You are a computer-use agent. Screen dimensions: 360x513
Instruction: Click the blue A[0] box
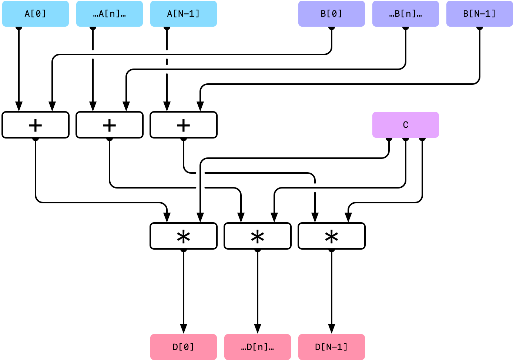tap(36, 14)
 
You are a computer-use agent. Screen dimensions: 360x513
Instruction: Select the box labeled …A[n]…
tap(110, 14)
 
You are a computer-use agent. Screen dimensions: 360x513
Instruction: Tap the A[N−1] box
tap(184, 14)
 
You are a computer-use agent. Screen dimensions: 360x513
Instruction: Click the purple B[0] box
tap(332, 14)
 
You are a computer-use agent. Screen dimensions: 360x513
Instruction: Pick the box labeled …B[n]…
tap(406, 14)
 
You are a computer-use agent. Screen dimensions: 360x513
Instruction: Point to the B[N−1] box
tap(480, 14)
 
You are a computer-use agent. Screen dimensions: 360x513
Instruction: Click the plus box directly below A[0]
tap(36, 125)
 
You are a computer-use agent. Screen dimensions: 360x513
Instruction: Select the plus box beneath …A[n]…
tap(110, 125)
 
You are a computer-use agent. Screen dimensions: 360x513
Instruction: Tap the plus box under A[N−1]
tap(184, 125)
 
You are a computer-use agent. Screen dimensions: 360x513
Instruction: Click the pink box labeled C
tap(406, 125)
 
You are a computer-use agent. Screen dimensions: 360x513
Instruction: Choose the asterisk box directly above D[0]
tap(184, 236)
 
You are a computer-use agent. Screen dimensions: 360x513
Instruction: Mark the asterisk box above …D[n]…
tap(258, 236)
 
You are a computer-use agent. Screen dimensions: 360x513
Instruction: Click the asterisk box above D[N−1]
tap(332, 236)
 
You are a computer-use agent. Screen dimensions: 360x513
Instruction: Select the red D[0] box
tap(184, 347)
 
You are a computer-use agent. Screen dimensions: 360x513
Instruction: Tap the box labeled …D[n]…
tap(258, 347)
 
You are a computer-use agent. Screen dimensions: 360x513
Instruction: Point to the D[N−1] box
tap(332, 347)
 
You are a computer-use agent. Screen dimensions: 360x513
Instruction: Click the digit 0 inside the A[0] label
tap(38, 14)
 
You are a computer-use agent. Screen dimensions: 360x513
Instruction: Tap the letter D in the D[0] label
tap(175, 347)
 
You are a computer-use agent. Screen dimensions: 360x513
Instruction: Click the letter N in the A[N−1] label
tap(181, 14)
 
